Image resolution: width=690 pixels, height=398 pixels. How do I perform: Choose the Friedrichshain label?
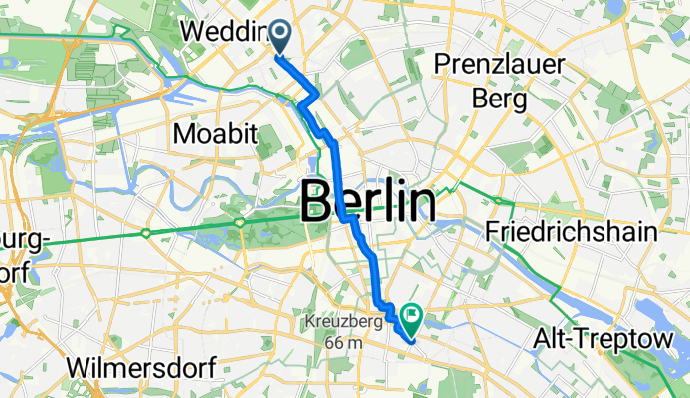[572, 233]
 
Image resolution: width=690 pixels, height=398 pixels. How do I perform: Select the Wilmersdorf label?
[141, 367]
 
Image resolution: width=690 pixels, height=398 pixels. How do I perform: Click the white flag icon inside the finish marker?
[410, 316]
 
